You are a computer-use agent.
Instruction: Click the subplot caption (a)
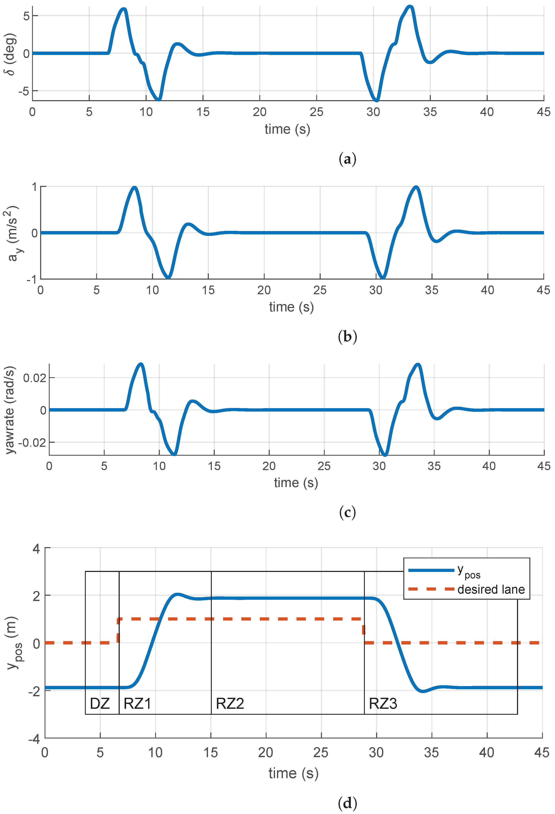click(x=347, y=159)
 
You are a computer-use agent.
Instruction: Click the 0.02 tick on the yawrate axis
click(x=34, y=378)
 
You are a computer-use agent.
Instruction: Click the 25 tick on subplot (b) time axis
click(x=320, y=290)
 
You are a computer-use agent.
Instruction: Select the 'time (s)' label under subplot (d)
click(x=293, y=773)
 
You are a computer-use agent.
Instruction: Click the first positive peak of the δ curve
click(x=124, y=10)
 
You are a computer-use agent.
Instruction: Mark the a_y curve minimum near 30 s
click(x=383, y=277)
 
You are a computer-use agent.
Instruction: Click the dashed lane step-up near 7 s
click(x=118, y=630)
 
